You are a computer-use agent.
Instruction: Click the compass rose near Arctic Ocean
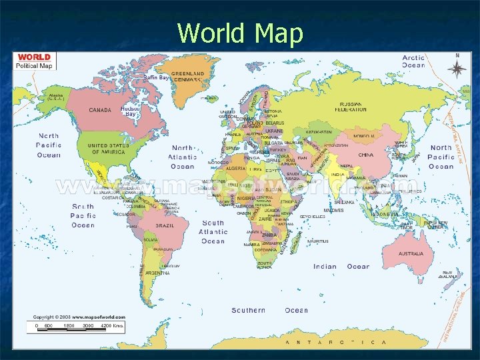click(x=457, y=67)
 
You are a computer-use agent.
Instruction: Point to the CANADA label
click(x=100, y=110)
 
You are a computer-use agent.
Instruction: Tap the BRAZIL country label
click(x=165, y=226)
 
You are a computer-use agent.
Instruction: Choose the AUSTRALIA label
click(x=411, y=254)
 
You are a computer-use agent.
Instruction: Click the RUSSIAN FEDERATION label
click(x=353, y=107)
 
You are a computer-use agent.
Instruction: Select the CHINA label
click(x=365, y=155)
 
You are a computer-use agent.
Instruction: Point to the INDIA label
click(x=338, y=175)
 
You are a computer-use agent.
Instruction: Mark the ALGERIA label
click(x=237, y=169)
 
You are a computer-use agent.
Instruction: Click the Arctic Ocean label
click(x=413, y=61)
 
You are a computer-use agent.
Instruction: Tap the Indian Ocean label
click(x=341, y=267)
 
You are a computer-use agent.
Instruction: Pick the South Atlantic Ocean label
click(x=213, y=232)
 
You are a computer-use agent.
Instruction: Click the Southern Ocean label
click(x=269, y=310)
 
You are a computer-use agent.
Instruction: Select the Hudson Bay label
click(x=131, y=111)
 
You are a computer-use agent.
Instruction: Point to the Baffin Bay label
click(x=156, y=78)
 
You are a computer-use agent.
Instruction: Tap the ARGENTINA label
click(x=157, y=273)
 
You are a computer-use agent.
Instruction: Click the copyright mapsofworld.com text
click(x=79, y=317)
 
